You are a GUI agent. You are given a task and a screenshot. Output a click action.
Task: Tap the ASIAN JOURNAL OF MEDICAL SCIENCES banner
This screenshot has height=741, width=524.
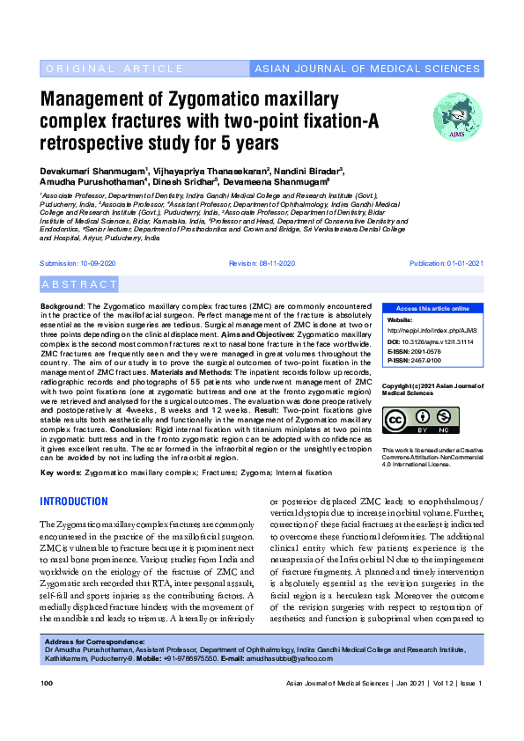pyautogui.click(x=367, y=68)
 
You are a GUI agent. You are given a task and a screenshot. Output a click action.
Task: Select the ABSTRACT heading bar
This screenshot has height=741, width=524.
pyautogui.click(x=80, y=284)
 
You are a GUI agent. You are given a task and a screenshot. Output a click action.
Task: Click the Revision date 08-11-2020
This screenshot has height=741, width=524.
pyautogui.click(x=262, y=264)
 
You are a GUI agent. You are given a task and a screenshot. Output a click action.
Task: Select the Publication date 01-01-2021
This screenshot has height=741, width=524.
pyautogui.click(x=446, y=264)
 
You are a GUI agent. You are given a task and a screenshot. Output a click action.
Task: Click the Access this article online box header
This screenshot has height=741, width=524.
pyautogui.click(x=432, y=309)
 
